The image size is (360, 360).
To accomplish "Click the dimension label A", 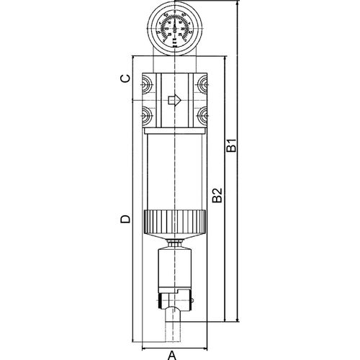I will tap(172, 354).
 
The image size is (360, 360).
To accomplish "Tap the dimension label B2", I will tap(217, 194).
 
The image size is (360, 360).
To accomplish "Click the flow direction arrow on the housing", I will tap(174, 100).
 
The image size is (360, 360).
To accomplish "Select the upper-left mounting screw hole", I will tap(145, 86).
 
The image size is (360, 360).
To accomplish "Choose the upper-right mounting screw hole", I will tap(202, 86).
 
